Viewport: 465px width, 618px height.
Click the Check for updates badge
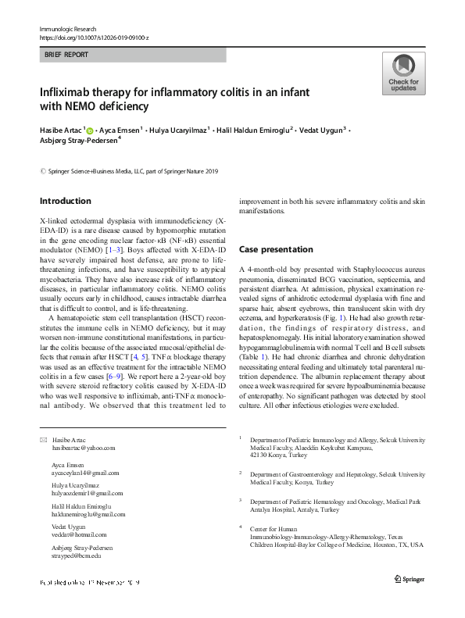tap(403, 74)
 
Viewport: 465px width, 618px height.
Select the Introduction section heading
tap(65, 201)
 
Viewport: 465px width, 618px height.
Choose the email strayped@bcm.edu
tap(77, 555)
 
